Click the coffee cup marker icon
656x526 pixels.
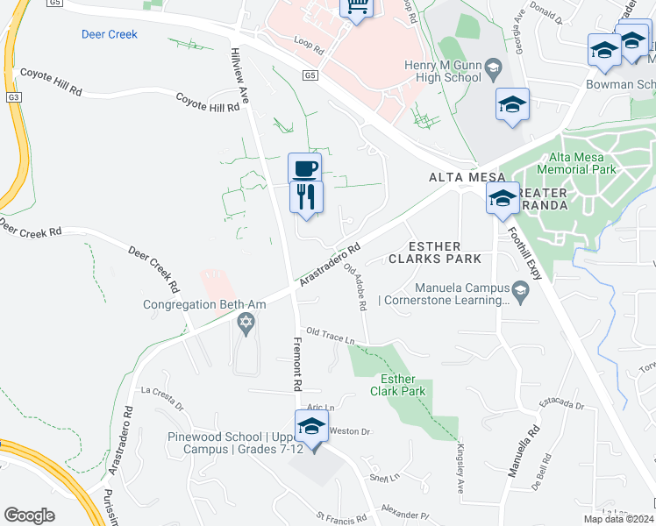coord(304,167)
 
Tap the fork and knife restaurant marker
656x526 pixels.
coord(306,196)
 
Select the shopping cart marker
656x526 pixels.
coord(357,6)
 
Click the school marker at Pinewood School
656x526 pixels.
coord(310,427)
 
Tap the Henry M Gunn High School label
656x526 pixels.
coord(443,71)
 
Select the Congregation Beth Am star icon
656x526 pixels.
coord(246,324)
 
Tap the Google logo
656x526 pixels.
coord(29,515)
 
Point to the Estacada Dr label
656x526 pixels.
coord(561,404)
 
